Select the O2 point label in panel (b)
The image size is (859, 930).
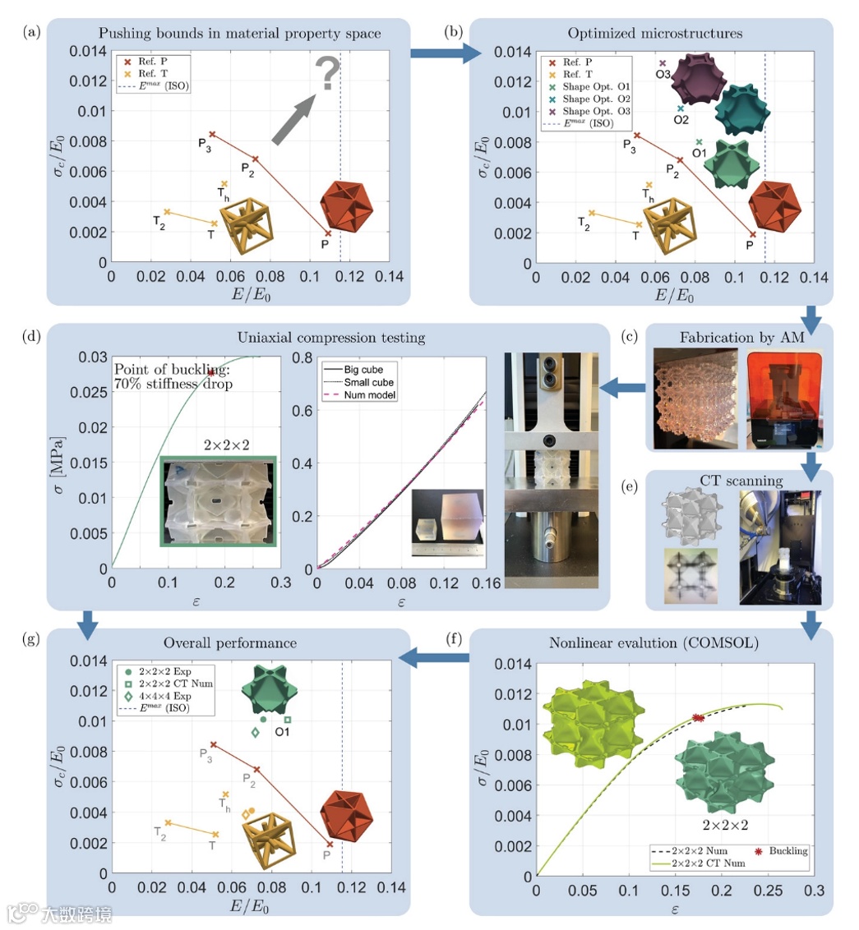[x=681, y=120]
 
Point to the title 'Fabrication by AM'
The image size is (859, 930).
[x=742, y=338]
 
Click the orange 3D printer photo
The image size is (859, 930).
[x=783, y=399]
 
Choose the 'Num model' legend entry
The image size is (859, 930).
[x=360, y=395]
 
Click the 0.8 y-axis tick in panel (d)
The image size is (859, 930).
[x=302, y=357]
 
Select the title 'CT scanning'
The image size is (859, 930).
[x=741, y=481]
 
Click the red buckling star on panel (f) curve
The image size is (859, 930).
[x=698, y=718]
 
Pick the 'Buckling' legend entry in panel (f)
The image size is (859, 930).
[x=781, y=851]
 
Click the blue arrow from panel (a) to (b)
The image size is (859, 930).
[x=446, y=53]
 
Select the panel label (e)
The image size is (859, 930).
[x=630, y=487]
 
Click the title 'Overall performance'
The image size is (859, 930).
[x=229, y=643]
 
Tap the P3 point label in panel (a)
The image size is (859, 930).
[x=205, y=144]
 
